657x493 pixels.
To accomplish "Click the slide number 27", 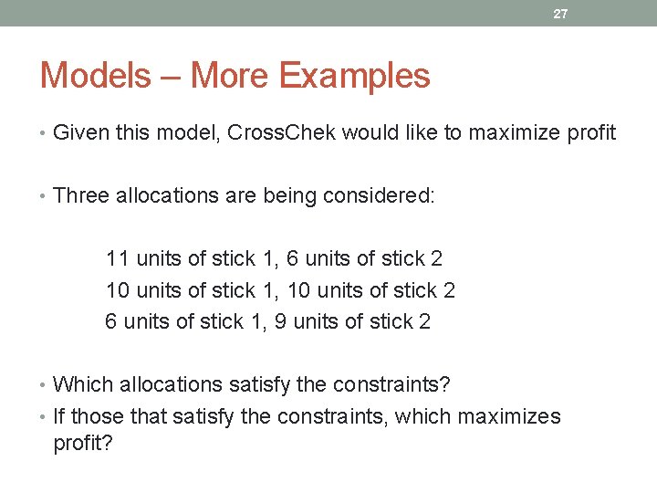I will [x=560, y=14].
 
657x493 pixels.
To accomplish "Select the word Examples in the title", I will [x=355, y=76].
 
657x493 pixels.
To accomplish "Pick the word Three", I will [x=81, y=195].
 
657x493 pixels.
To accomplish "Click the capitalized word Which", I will [x=80, y=385].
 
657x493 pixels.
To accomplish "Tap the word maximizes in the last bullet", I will [x=509, y=416].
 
